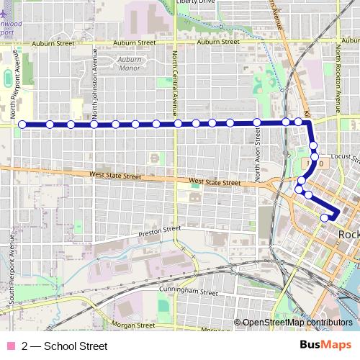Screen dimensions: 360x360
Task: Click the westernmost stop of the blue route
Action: tap(22, 125)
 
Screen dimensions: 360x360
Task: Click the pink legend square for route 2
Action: tap(10, 346)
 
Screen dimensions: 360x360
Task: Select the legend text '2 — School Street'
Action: tap(65, 346)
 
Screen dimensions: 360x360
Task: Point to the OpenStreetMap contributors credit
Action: tap(297, 323)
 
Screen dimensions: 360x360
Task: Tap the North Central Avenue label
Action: tap(175, 84)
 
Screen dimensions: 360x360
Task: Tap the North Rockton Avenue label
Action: tap(337, 79)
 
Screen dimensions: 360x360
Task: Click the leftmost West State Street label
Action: tap(116, 175)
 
